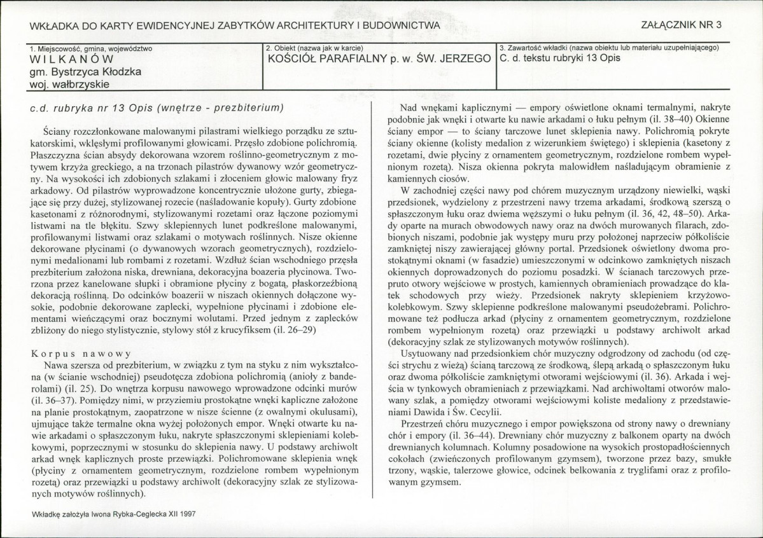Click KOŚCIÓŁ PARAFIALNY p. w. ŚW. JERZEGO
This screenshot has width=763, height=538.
(379, 60)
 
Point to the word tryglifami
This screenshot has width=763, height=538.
(652, 471)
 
